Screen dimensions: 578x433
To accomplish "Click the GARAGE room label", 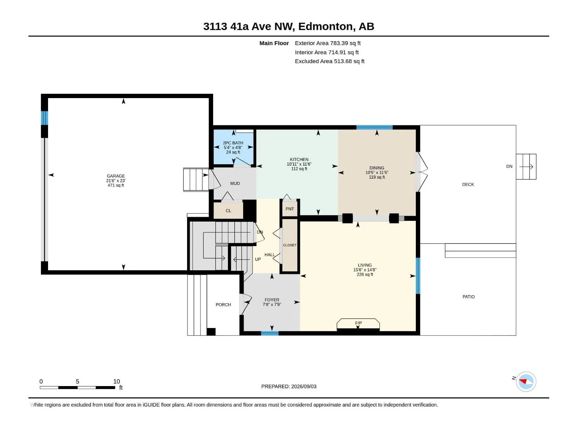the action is pyautogui.click(x=116, y=176).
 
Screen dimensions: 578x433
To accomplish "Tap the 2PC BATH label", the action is pyautogui.click(x=233, y=143).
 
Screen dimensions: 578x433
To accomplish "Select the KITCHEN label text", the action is pyautogui.click(x=299, y=159).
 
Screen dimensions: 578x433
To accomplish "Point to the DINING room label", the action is pyautogui.click(x=377, y=168).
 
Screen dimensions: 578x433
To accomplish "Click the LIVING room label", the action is pyautogui.click(x=365, y=265).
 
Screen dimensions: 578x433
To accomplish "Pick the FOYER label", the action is pyautogui.click(x=272, y=300).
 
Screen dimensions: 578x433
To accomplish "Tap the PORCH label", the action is pyautogui.click(x=223, y=305).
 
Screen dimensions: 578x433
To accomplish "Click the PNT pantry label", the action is pyautogui.click(x=290, y=209).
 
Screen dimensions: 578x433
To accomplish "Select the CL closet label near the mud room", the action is pyautogui.click(x=228, y=211).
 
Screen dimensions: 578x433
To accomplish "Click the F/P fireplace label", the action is pyautogui.click(x=358, y=323).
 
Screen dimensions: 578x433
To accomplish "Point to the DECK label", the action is pyautogui.click(x=468, y=184).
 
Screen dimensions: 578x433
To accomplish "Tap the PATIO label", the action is pyautogui.click(x=469, y=297).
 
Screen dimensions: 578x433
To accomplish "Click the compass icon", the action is pyautogui.click(x=526, y=381).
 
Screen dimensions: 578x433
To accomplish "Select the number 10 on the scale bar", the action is pyautogui.click(x=117, y=381).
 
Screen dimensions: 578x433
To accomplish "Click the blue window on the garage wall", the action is pyautogui.click(x=44, y=118).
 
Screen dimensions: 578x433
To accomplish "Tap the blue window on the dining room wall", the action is pyautogui.click(x=375, y=127).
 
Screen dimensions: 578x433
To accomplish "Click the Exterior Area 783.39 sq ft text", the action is pyautogui.click(x=328, y=43).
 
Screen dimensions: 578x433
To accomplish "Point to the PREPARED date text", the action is pyautogui.click(x=289, y=386).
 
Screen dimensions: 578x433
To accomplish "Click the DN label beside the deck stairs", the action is pyautogui.click(x=509, y=166).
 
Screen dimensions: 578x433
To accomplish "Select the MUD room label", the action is pyautogui.click(x=235, y=183).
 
